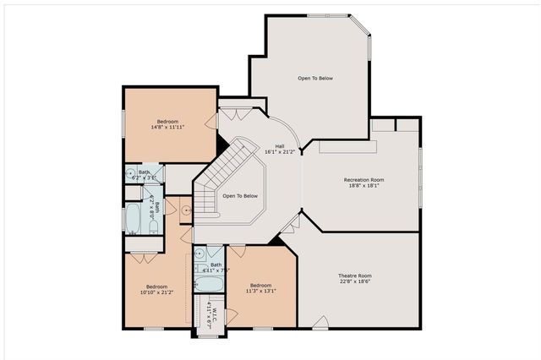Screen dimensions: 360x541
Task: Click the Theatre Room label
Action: [x=355, y=280]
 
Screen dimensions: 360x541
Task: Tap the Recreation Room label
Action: [x=363, y=183]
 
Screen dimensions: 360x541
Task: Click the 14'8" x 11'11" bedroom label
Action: [x=167, y=124]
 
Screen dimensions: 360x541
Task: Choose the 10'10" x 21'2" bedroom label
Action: [x=156, y=289]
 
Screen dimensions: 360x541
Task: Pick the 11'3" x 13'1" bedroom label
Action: [x=260, y=289]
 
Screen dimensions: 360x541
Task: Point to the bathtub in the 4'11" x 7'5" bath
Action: [x=207, y=282]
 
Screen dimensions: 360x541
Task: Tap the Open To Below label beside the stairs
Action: [x=239, y=196]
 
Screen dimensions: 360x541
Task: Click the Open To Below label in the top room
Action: [x=314, y=78]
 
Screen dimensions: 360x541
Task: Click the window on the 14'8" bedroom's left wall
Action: [x=124, y=122]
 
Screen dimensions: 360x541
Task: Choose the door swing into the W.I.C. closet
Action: [x=230, y=317]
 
